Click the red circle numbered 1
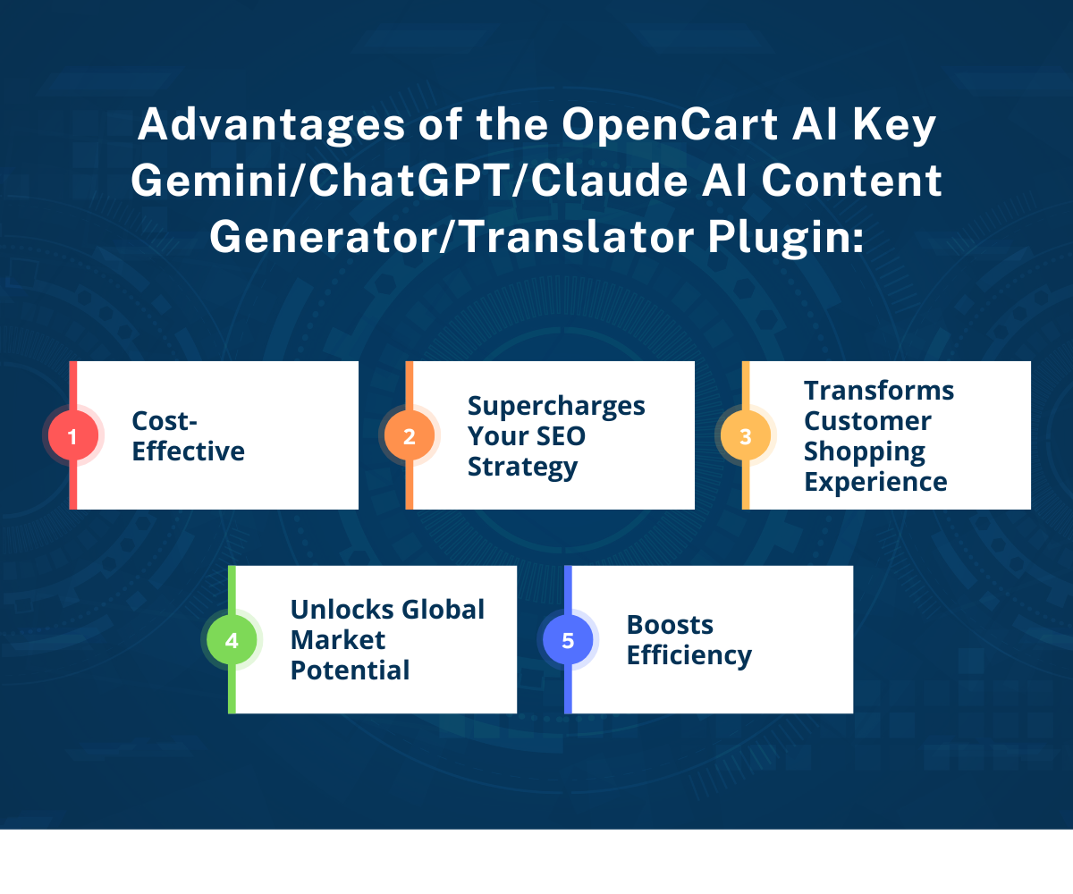73,435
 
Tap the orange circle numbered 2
409,435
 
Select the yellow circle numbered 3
745,435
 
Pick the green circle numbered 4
232,640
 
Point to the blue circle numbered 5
568,640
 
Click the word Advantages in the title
271,126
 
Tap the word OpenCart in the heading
670,126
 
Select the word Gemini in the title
209,181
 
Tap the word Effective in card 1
188,451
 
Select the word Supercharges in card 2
556,407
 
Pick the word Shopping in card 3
865,452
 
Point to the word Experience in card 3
875,483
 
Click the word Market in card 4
338,640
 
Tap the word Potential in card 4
350,670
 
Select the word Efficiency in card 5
689,656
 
